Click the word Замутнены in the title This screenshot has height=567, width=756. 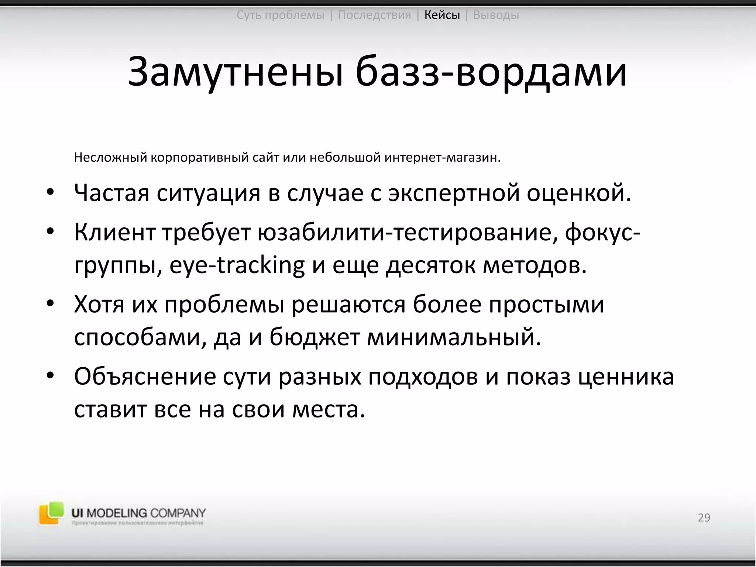pyautogui.click(x=235, y=72)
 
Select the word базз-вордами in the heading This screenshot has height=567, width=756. pyautogui.click(x=491, y=72)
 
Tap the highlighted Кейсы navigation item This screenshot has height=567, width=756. pyautogui.click(x=442, y=15)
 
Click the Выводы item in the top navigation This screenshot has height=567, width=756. pyautogui.click(x=496, y=15)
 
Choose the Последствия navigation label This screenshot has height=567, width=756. pyautogui.click(x=374, y=15)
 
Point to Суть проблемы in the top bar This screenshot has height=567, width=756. pyautogui.click(x=280, y=15)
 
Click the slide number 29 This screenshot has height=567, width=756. pyautogui.click(x=704, y=518)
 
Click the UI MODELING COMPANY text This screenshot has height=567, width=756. pyautogui.click(x=138, y=513)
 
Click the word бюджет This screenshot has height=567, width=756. pyautogui.click(x=315, y=337)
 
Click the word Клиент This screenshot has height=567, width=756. pyautogui.click(x=114, y=233)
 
